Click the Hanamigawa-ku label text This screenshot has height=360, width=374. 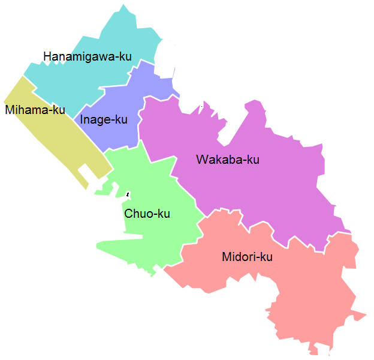click(x=88, y=56)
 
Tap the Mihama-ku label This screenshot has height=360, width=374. click(x=35, y=110)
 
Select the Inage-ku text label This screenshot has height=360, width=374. click(x=104, y=119)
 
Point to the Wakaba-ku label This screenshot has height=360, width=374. click(x=228, y=160)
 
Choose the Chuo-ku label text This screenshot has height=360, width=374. click(x=147, y=214)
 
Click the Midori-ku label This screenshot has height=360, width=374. click(x=247, y=257)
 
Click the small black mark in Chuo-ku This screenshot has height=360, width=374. click(x=128, y=194)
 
